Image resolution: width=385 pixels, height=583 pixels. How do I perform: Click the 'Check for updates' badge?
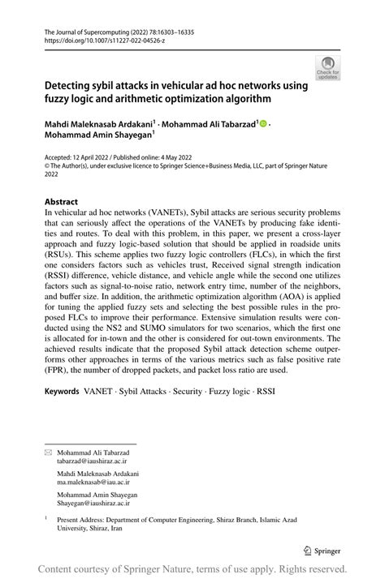(x=328, y=67)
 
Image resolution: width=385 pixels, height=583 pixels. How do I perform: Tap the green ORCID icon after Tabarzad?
(x=264, y=123)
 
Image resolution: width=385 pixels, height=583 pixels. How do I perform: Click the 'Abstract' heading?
(x=61, y=201)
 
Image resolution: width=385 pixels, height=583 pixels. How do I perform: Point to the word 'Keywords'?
(x=62, y=390)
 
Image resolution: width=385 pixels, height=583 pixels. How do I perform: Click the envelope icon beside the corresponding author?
(x=48, y=451)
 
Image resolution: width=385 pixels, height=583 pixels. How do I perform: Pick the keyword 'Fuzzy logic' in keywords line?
(x=229, y=390)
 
